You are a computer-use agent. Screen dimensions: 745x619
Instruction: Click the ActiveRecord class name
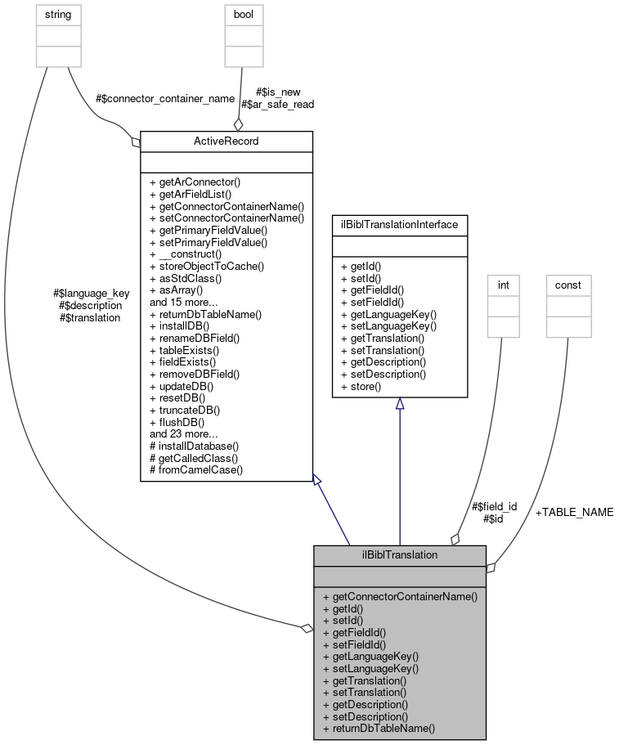point(227,141)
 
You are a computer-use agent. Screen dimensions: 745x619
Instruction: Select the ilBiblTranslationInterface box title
point(399,223)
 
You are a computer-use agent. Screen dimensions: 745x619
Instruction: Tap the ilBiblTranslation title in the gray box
point(399,554)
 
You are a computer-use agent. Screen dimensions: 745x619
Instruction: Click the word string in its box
point(58,14)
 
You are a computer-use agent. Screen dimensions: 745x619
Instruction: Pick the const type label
point(568,285)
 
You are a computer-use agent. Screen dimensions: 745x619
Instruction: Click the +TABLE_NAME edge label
point(574,512)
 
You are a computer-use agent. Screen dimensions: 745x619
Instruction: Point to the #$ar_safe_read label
point(277,104)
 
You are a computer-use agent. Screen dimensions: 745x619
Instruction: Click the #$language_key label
point(91,293)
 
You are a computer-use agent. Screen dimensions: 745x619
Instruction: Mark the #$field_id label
point(494,506)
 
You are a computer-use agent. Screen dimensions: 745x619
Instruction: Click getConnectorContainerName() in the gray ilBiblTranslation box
point(400,596)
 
